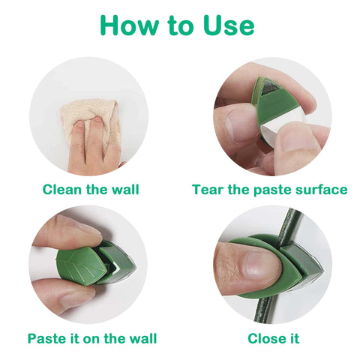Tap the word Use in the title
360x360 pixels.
(x=229, y=25)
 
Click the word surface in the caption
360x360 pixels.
(x=322, y=189)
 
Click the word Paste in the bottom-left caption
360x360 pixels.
(x=46, y=339)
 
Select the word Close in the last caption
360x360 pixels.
(x=265, y=339)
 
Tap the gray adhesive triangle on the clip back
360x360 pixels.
(x=271, y=89)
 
